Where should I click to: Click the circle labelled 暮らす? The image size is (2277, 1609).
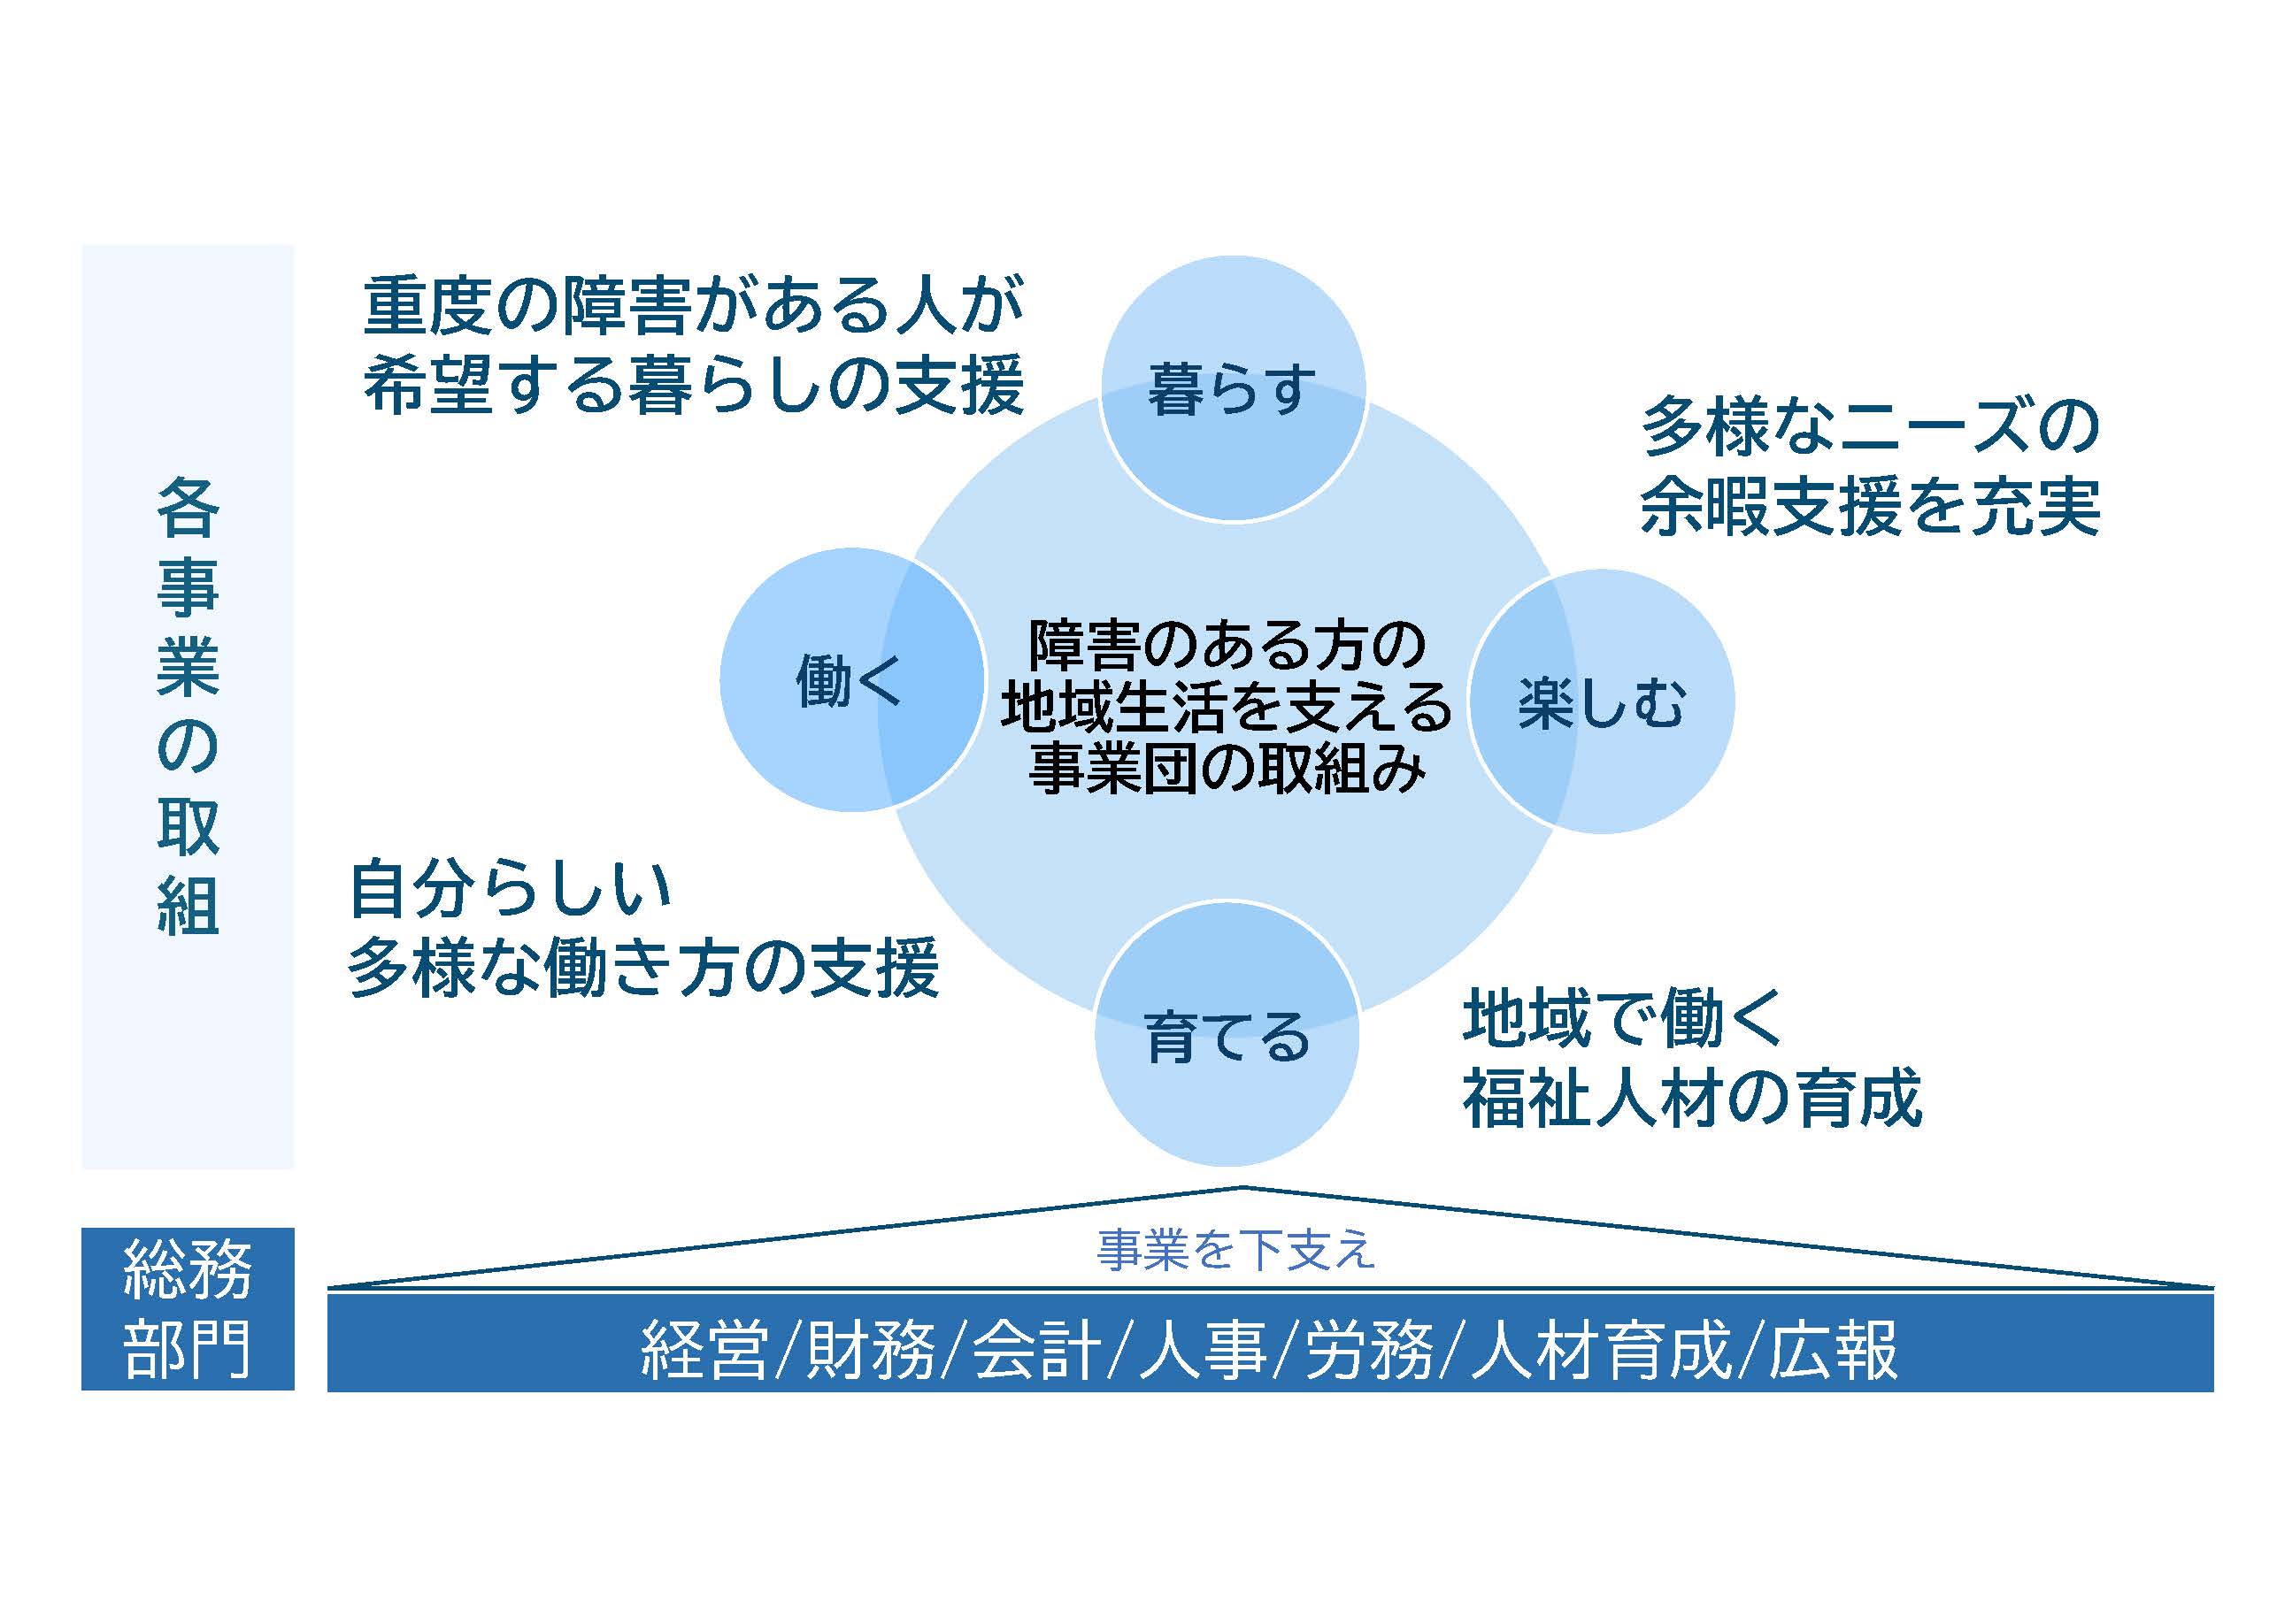coord(1233,388)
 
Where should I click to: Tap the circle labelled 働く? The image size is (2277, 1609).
coord(851,680)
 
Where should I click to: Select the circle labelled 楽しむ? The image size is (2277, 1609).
coord(1602,702)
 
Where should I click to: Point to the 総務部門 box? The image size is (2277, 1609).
coord(188,1308)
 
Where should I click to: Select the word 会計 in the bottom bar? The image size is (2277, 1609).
coord(1037,1350)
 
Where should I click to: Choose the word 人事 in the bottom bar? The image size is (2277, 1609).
coord(1203,1350)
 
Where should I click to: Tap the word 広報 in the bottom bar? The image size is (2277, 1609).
coord(1833,1350)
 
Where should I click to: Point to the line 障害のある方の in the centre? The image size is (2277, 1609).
coord(1227,644)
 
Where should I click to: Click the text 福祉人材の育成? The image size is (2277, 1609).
coord(1692,1099)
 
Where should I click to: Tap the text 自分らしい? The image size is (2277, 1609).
coord(511,888)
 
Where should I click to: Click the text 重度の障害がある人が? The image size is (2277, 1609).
coord(693,304)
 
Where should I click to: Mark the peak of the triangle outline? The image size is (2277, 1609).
coord(1242,1187)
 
